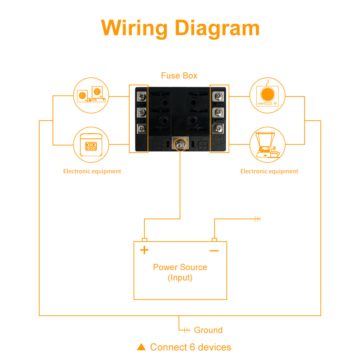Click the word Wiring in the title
[x=134, y=28]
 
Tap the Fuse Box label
[x=179, y=76]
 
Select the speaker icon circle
[x=91, y=95]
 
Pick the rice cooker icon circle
[x=91, y=145]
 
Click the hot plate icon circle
[x=267, y=95]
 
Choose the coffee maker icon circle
[x=267, y=145]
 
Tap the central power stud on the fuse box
[x=179, y=145]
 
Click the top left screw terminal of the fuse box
[x=141, y=96]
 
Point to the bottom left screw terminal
[x=141, y=128]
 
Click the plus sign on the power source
[x=144, y=250]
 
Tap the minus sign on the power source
[x=214, y=251]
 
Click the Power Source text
[x=180, y=267]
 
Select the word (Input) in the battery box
[x=180, y=278]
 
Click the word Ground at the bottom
[x=208, y=330]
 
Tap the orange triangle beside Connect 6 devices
[x=141, y=347]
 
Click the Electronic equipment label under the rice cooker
[x=92, y=171]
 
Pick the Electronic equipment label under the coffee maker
[x=269, y=171]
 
